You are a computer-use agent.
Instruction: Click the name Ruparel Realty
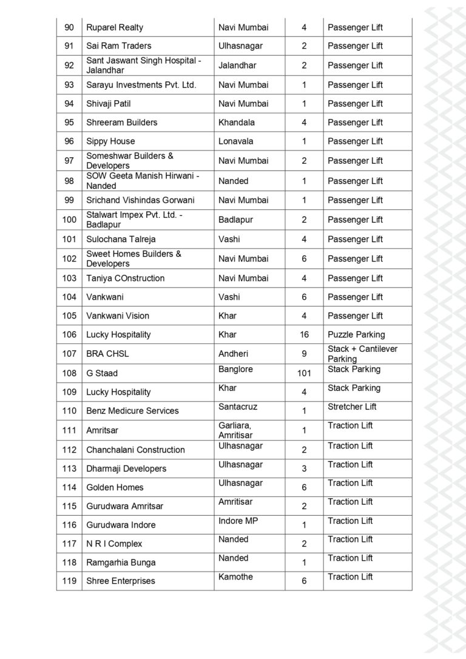coord(115,27)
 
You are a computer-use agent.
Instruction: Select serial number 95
coord(69,122)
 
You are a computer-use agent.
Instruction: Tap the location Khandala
coord(237,122)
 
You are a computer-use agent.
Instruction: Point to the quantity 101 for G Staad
coord(304,373)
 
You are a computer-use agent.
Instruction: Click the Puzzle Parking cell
coord(356,334)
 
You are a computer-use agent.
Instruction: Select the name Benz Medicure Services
coord(132,411)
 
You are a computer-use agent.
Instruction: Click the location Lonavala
coord(236,141)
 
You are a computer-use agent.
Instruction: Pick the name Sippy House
coord(110,141)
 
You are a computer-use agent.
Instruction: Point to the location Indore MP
coord(238,521)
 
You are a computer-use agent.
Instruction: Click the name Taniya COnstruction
coord(125,278)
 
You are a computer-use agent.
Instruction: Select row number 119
coord(69,581)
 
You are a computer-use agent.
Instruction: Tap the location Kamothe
coord(235,576)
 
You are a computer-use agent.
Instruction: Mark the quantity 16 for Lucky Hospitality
coord(304,334)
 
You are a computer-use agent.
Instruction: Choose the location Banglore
coord(235,369)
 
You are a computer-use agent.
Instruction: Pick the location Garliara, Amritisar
coord(236,430)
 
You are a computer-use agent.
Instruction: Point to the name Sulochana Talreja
coord(121,239)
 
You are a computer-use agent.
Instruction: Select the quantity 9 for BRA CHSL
coord(304,354)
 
